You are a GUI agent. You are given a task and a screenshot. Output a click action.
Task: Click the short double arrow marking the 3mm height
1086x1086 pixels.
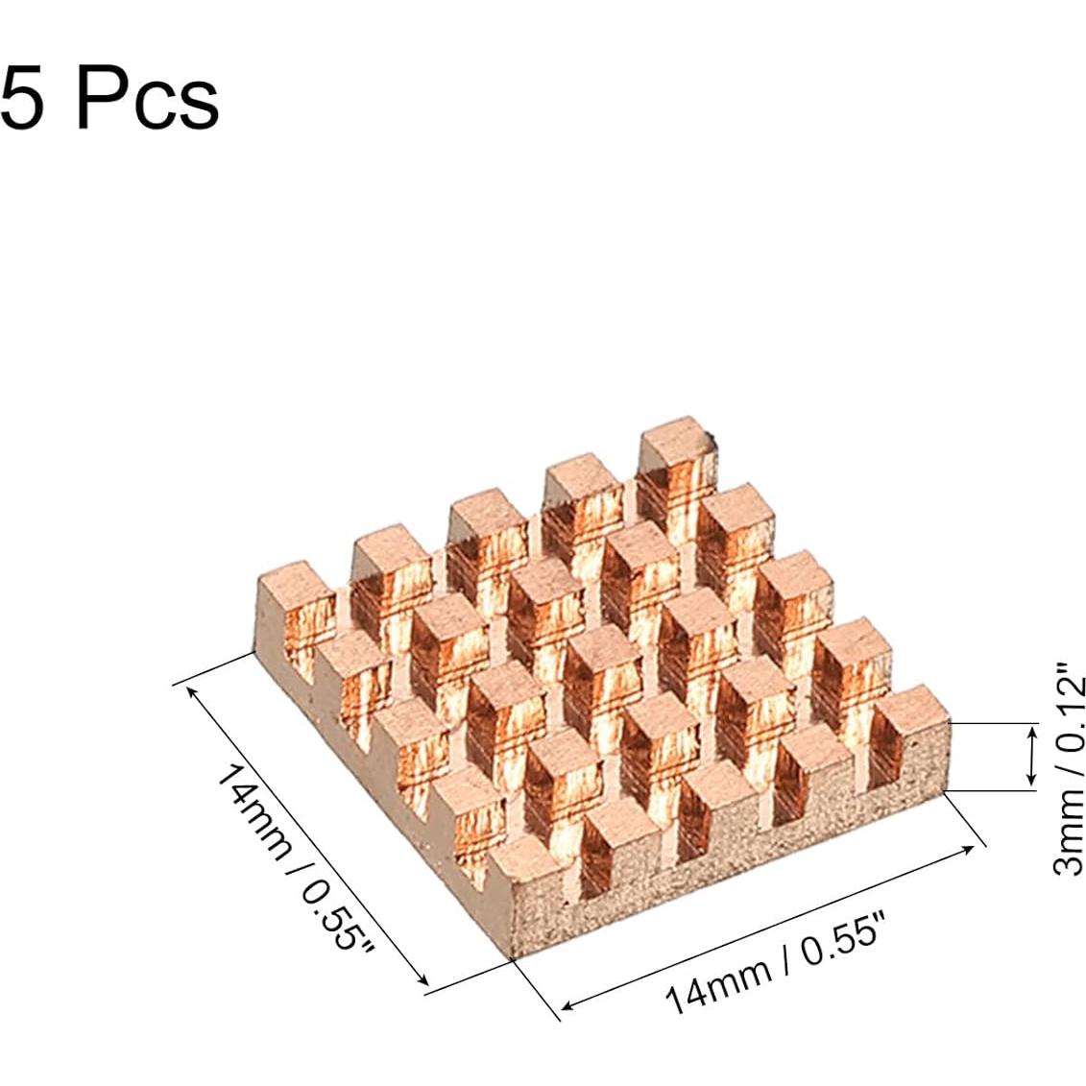(x=1032, y=757)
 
